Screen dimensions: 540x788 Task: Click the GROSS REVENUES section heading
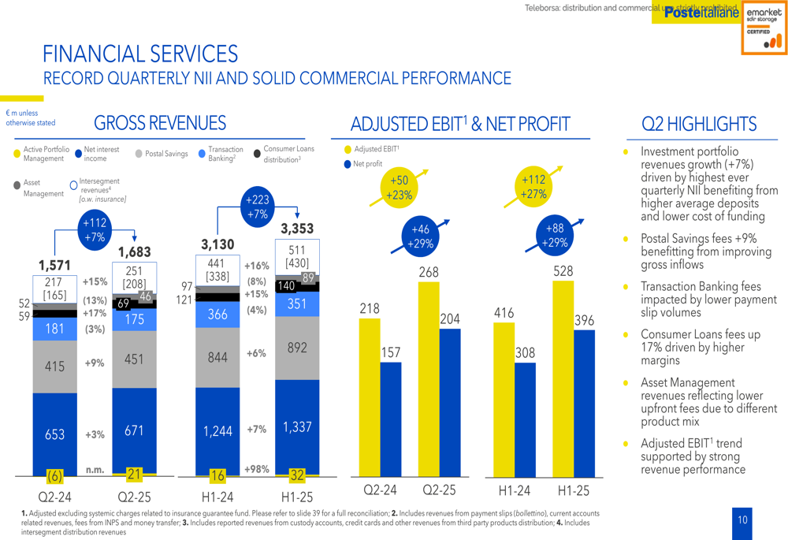[159, 123]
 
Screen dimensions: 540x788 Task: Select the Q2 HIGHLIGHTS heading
[699, 124]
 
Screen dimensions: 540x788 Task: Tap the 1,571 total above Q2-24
[54, 265]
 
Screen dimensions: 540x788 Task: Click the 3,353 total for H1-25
[297, 229]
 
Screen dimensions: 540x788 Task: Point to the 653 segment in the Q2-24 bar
[54, 434]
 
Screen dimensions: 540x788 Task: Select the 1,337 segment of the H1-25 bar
[297, 427]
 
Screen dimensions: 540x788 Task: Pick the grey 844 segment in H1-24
[217, 358]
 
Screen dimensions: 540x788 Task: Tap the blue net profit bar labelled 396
[584, 402]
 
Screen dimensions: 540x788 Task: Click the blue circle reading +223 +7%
[258, 207]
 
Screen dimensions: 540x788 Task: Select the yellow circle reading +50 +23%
[400, 188]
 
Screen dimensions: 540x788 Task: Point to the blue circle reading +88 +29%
[555, 235]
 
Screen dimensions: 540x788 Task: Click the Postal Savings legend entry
[162, 154]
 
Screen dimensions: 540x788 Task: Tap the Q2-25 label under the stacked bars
[134, 497]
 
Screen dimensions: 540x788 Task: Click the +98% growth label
[256, 469]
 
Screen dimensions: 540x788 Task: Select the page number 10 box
[742, 520]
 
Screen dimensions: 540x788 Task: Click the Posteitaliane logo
[701, 13]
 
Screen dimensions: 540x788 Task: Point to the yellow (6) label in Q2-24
[54, 476]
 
